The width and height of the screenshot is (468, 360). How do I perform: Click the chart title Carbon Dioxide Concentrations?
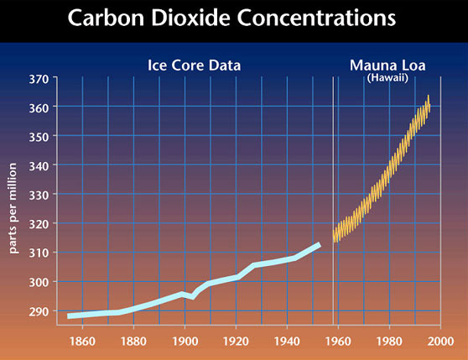point(233,18)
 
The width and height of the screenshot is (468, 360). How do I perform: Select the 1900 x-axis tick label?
point(184,342)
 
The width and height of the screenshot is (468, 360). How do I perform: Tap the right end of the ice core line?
point(319,244)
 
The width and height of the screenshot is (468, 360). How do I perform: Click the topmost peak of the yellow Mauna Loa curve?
point(428,97)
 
